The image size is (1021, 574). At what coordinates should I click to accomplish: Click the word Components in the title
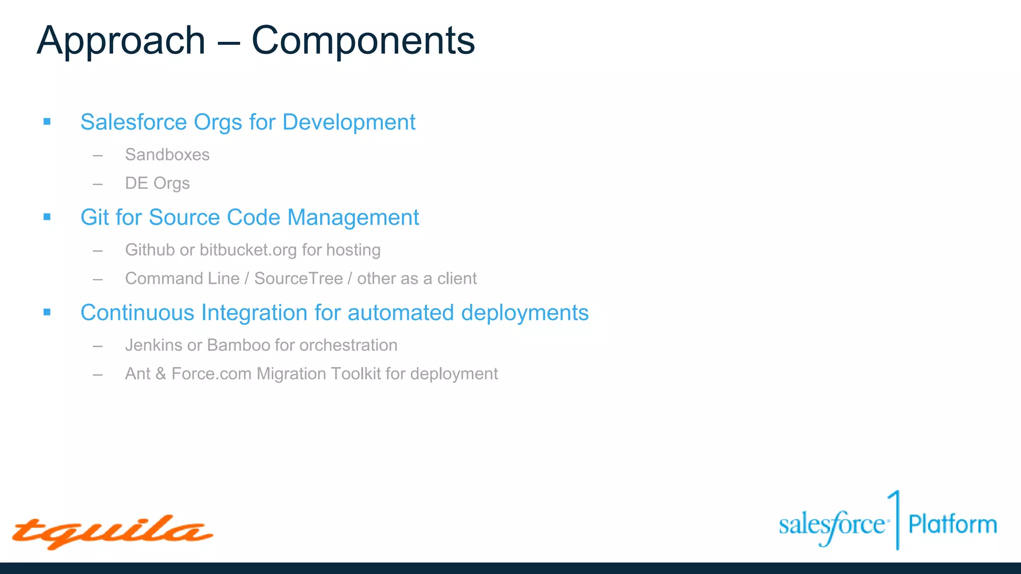click(x=363, y=41)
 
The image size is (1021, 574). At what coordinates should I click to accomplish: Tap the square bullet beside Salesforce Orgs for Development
click(x=47, y=122)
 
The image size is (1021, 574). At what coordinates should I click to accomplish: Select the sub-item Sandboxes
click(x=167, y=155)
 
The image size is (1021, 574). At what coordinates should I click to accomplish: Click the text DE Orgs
click(x=157, y=183)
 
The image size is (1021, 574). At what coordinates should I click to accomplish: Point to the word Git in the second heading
click(x=95, y=218)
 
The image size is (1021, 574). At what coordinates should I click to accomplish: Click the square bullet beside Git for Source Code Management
click(x=47, y=217)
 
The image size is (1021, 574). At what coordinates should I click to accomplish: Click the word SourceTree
click(x=298, y=279)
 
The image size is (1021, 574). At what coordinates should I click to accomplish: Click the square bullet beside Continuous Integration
click(x=47, y=312)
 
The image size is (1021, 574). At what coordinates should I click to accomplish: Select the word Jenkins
click(x=154, y=345)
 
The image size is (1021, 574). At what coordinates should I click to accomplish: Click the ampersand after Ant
click(x=161, y=374)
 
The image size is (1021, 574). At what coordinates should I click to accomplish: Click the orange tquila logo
click(x=112, y=532)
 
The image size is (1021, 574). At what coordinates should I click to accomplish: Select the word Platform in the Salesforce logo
click(x=952, y=525)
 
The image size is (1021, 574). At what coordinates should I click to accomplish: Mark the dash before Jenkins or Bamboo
click(x=98, y=346)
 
